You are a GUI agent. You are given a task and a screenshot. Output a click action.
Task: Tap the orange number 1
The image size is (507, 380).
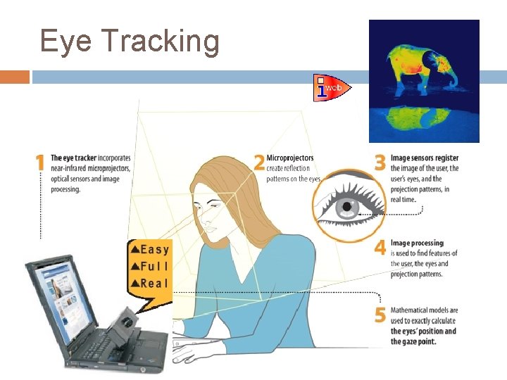pos(40,163)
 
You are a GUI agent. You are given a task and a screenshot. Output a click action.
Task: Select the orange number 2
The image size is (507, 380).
pos(258,163)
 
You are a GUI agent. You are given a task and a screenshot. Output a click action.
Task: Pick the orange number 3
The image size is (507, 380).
pos(380,163)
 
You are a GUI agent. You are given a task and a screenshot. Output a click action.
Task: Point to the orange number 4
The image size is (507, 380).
pos(380,248)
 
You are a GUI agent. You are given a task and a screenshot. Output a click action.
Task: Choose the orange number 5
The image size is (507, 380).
pos(380,315)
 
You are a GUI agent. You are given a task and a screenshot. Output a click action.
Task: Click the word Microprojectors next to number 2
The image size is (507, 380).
pos(290,158)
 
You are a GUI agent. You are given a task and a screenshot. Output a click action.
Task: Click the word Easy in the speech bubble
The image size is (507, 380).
pos(154,248)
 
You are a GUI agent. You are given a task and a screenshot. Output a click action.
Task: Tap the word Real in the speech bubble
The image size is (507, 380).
pos(154,283)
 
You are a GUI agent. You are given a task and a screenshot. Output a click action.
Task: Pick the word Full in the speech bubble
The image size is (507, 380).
pos(154,266)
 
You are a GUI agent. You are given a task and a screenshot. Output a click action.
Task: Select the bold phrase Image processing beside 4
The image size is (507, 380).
pos(417,243)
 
